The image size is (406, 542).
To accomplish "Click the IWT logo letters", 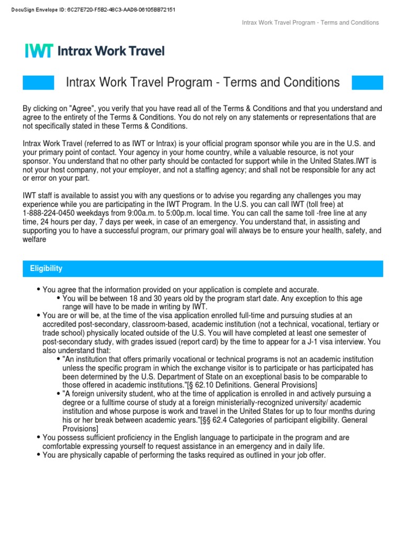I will coord(39,51).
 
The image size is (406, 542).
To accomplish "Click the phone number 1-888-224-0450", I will coord(49,212).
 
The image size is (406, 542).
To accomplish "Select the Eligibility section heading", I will coord(47,268).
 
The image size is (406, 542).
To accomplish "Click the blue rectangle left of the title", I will coord(39,83).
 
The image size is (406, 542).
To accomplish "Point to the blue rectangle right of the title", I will coord(367,83).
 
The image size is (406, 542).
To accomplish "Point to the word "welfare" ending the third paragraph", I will coord(34,239).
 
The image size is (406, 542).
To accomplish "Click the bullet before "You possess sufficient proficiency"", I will coord(39,438).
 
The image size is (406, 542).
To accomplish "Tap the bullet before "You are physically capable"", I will coord(39,455).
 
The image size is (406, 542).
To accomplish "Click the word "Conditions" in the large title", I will coord(308,83).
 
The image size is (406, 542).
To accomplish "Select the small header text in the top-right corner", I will coord(310,23).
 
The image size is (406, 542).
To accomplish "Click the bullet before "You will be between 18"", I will coord(59,299).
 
